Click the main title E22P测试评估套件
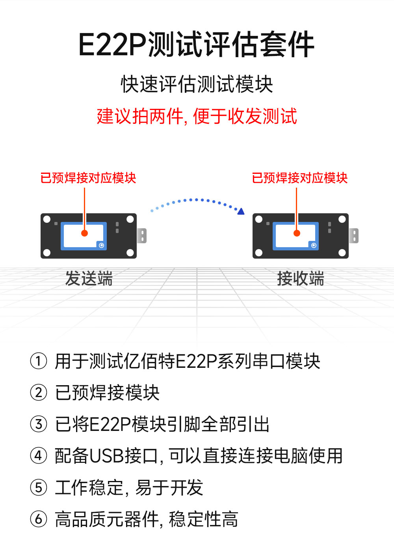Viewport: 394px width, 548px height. click(196, 45)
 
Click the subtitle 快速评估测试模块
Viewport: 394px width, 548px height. click(197, 84)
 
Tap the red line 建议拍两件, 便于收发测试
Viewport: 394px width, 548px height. click(197, 116)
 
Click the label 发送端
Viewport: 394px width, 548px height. click(89, 278)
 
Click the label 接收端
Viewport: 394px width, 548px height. click(301, 278)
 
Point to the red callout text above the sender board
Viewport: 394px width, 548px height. click(88, 178)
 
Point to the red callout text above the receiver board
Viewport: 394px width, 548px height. click(300, 178)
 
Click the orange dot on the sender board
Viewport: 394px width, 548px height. click(84, 233)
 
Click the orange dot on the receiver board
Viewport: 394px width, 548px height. click(297, 233)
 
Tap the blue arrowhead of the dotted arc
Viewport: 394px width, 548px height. click(241, 212)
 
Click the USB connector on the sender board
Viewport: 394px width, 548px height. click(142, 236)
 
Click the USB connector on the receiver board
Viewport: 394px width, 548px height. click(354, 236)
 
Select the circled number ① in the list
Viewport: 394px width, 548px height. click(39, 361)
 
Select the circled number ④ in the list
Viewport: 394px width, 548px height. click(39, 456)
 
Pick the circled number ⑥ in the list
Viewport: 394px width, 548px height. click(39, 519)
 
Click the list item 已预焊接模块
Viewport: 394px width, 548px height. click(107, 393)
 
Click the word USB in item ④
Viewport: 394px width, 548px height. click(107, 456)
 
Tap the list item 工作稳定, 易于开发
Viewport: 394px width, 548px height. click(129, 487)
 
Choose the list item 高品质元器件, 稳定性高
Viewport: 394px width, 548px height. click(147, 519)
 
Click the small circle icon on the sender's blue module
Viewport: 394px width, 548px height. click(101, 245)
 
